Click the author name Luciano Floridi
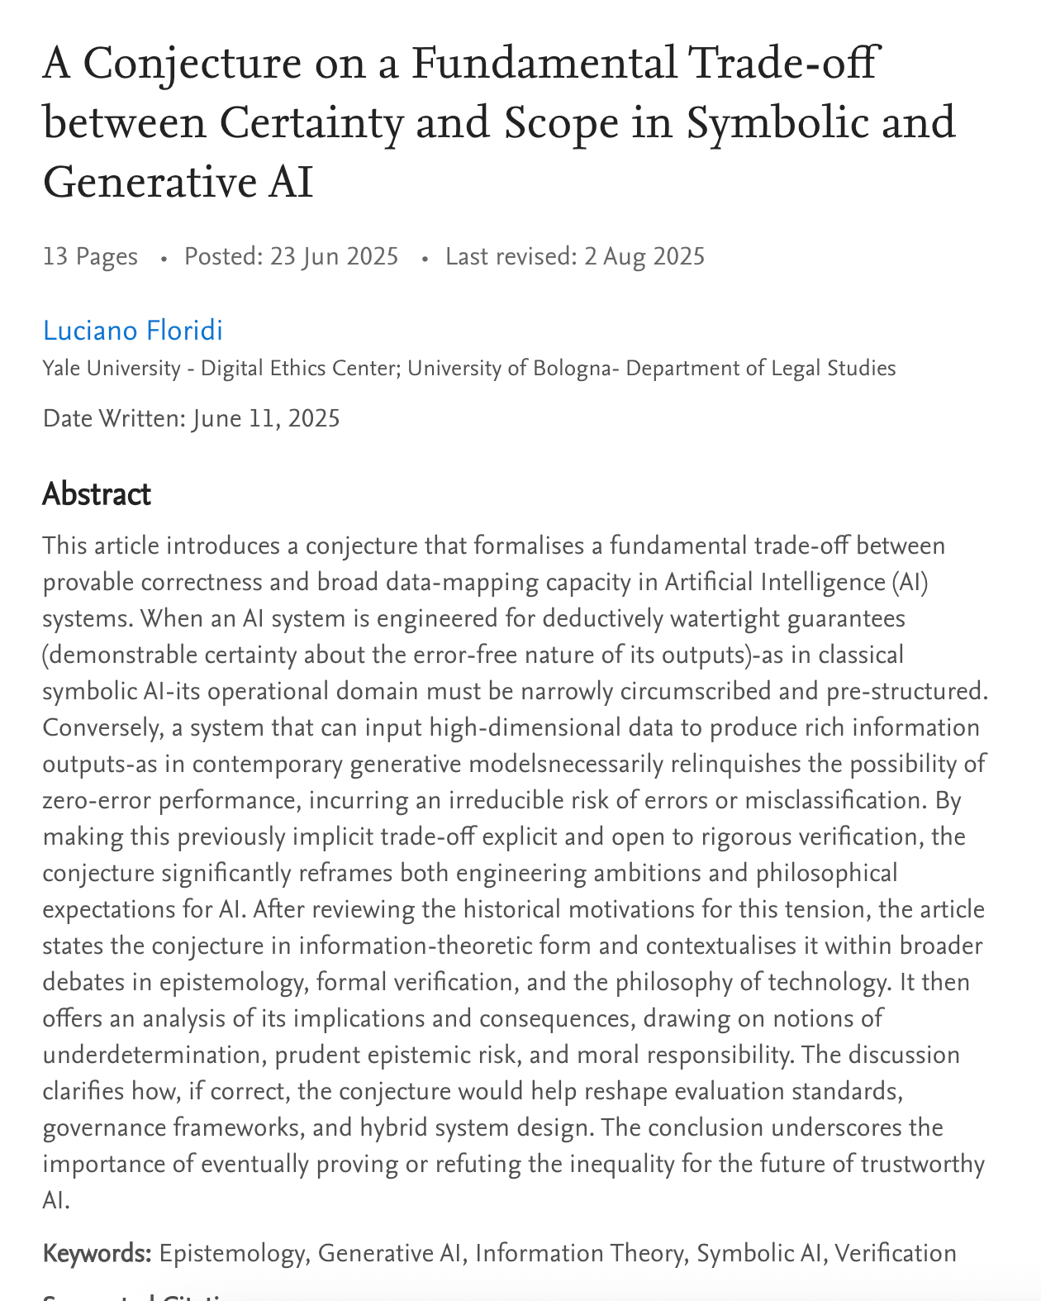pos(133,331)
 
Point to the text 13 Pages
pos(90,256)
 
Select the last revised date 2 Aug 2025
pos(644,256)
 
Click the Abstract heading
pos(96,494)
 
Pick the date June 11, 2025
pos(266,418)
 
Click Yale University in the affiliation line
pos(112,368)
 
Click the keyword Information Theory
pos(580,1253)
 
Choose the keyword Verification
pos(896,1253)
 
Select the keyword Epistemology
pos(231,1253)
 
